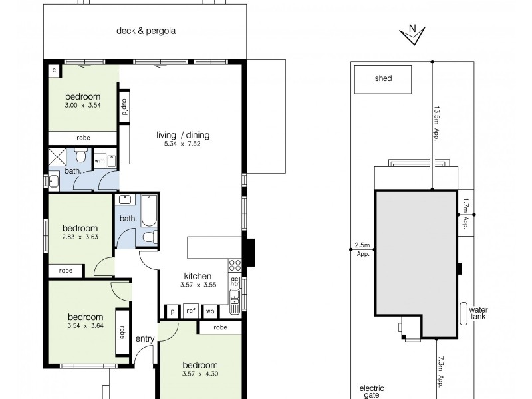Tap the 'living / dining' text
click(x=183, y=135)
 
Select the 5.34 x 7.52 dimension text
click(x=183, y=144)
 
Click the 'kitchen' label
click(x=198, y=276)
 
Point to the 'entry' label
click(x=145, y=339)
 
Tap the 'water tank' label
click(x=478, y=313)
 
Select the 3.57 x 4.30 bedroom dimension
click(x=199, y=374)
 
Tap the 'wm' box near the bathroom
click(x=100, y=160)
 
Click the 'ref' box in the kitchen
click(x=190, y=311)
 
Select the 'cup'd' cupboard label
click(x=124, y=108)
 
